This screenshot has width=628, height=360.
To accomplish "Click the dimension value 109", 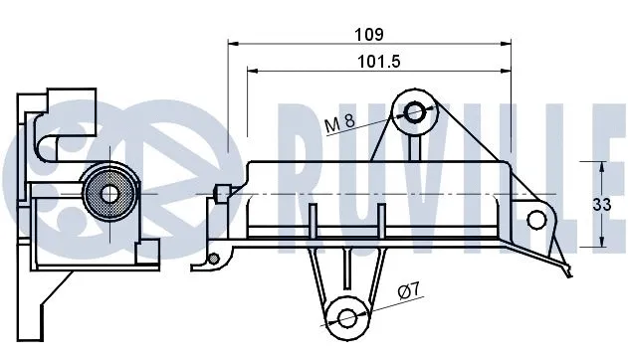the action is pyautogui.click(x=369, y=35).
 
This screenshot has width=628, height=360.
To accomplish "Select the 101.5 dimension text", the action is pyautogui.click(x=378, y=62).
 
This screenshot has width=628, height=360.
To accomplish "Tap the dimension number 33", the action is pyautogui.click(x=602, y=205).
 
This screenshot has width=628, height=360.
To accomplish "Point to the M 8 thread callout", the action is pyautogui.click(x=339, y=122).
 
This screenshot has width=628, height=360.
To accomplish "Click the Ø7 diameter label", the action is pyautogui.click(x=408, y=290).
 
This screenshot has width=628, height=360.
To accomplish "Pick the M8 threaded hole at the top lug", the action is pyautogui.click(x=414, y=111).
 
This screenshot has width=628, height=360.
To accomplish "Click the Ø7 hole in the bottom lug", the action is pyautogui.click(x=346, y=318).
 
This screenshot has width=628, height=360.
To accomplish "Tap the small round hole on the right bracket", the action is pyautogui.click(x=536, y=220).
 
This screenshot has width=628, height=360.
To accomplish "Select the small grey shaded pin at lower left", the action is pyautogui.click(x=214, y=260).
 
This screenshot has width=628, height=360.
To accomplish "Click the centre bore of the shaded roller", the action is pyautogui.click(x=109, y=194).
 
